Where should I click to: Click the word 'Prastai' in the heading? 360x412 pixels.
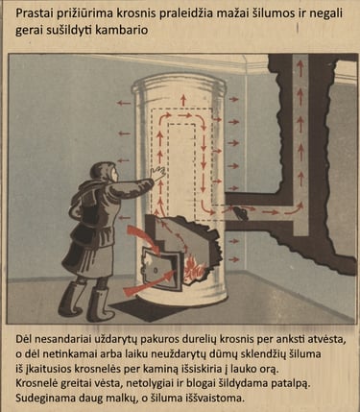click(x=33, y=13)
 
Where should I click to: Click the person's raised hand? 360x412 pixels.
click(x=158, y=174)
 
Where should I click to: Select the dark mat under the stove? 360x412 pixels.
click(x=146, y=309)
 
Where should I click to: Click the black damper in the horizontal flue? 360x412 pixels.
click(x=241, y=213)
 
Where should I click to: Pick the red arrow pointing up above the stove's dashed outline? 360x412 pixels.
click(x=183, y=100)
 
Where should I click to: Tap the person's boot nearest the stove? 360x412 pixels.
click(x=100, y=304)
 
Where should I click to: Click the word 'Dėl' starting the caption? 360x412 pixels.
click(x=24, y=339)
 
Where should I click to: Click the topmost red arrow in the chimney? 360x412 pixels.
click(x=300, y=68)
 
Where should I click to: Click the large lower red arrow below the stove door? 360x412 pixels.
click(x=150, y=282)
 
